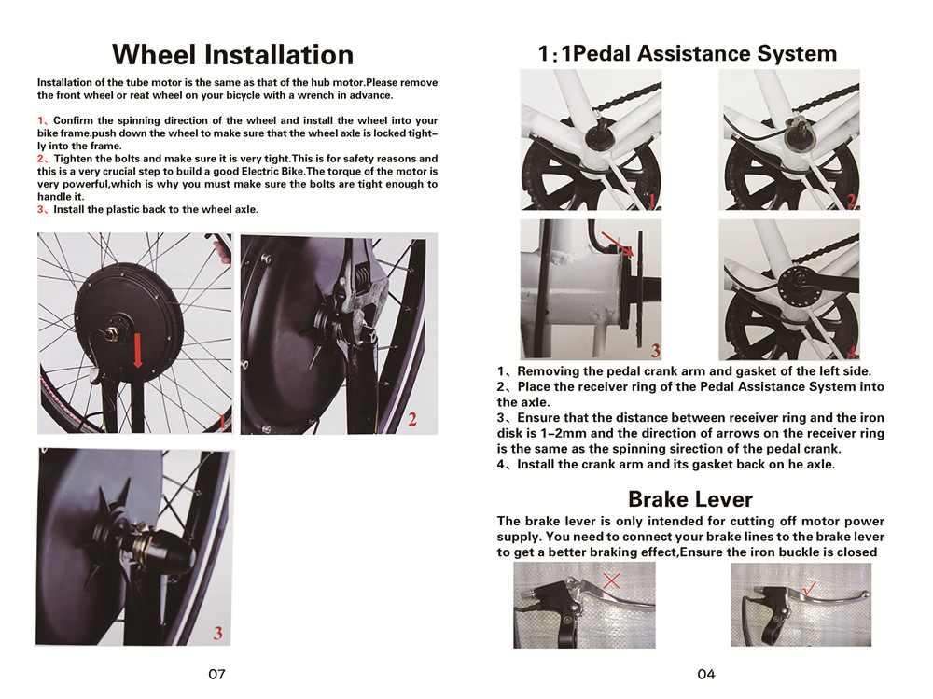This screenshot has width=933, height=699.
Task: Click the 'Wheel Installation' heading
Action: coord(232,55)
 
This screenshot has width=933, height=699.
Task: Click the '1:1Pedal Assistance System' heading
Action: coord(688,53)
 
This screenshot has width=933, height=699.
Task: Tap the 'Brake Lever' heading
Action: coord(690,499)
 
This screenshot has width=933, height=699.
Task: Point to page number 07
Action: coord(216,674)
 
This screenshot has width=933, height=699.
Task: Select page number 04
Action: coord(706,674)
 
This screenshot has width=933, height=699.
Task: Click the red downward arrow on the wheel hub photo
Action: coord(138,350)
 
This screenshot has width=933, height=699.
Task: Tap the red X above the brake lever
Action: coord(611,580)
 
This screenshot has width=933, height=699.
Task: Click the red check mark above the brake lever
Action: coord(809,589)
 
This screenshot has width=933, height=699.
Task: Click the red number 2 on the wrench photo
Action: coord(412,420)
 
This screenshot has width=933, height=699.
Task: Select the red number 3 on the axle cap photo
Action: coord(217,633)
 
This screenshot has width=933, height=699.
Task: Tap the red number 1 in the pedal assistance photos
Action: coord(652,200)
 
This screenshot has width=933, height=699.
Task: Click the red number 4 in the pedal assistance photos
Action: coord(851,351)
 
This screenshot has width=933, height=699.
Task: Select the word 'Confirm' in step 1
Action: coord(73,121)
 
